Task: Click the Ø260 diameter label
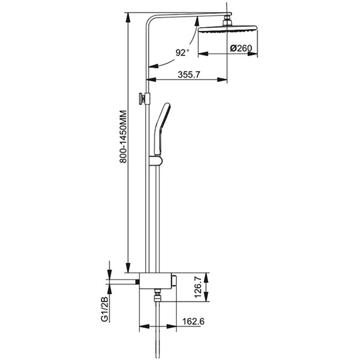(241, 48)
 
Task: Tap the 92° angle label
(182, 52)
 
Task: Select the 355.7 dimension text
(189, 75)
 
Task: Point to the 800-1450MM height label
(123, 137)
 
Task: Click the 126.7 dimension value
(199, 287)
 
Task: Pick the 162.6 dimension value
(193, 321)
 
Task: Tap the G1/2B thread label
(105, 309)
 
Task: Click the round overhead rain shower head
(227, 29)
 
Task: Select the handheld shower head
(162, 129)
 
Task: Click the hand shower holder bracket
(156, 160)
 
